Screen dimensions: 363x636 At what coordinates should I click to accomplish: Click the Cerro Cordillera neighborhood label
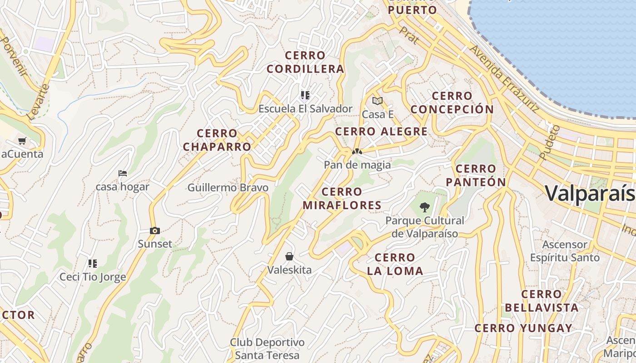pos(305,62)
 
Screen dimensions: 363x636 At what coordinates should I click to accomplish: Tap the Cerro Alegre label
pos(381,132)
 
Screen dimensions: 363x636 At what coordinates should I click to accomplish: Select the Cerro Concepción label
pos(452,103)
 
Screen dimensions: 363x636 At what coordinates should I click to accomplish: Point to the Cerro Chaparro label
pos(217,140)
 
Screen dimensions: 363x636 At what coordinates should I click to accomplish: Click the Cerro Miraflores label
pos(342,198)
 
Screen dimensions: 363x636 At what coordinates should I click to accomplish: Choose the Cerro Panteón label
pos(476,175)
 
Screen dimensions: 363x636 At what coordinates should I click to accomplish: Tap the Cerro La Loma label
pos(395,264)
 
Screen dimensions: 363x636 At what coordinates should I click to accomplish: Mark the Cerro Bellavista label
pos(542,301)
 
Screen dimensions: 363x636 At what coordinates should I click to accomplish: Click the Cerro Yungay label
pos(523,328)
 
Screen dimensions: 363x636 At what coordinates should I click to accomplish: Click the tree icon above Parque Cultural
pos(425,207)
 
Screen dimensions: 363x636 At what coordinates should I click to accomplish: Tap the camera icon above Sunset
pos(155,231)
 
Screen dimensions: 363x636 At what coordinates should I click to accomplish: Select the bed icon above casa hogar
pos(122,173)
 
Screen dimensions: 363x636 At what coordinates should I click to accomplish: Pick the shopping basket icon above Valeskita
pos(289,256)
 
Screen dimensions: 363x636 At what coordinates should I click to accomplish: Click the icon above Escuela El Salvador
pos(305,95)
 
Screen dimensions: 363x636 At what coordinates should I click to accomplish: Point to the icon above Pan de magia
pos(357,152)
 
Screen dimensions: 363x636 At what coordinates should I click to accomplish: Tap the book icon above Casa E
pos(378,101)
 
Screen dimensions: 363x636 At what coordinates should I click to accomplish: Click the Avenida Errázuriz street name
pos(504,79)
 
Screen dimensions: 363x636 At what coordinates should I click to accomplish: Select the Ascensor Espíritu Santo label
pos(565,251)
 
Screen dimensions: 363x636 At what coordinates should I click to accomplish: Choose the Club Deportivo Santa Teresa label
pos(267,348)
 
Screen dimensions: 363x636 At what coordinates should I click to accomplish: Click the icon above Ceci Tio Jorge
pos(93,263)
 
